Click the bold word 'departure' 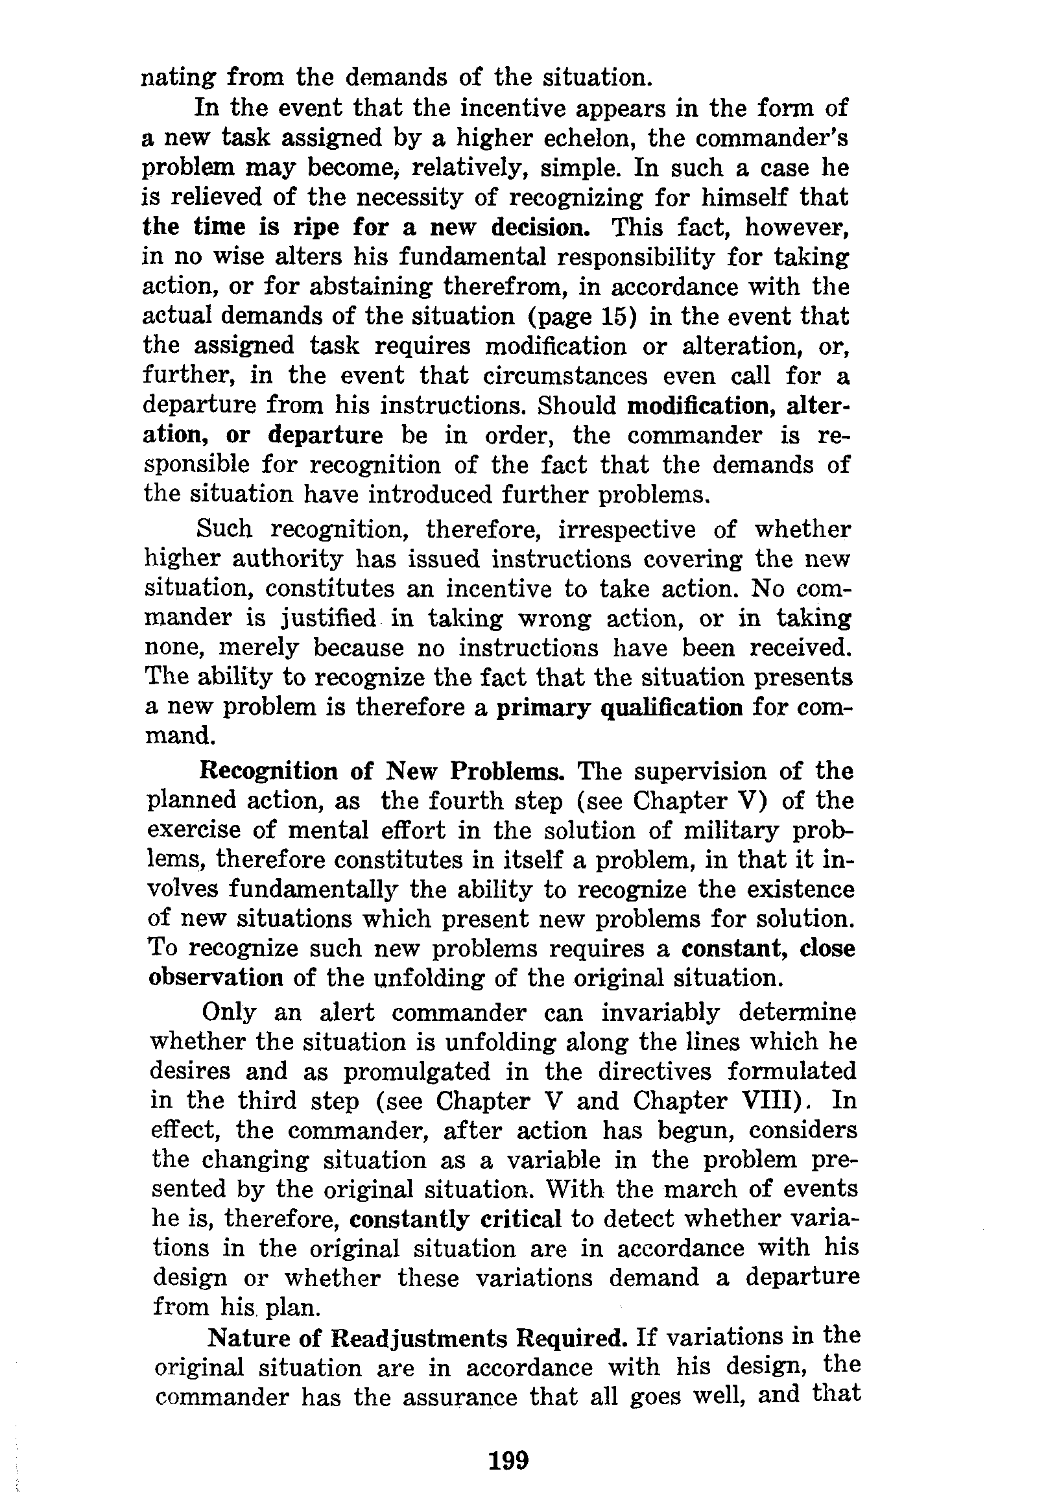click(325, 435)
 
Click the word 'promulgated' click(417, 1071)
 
